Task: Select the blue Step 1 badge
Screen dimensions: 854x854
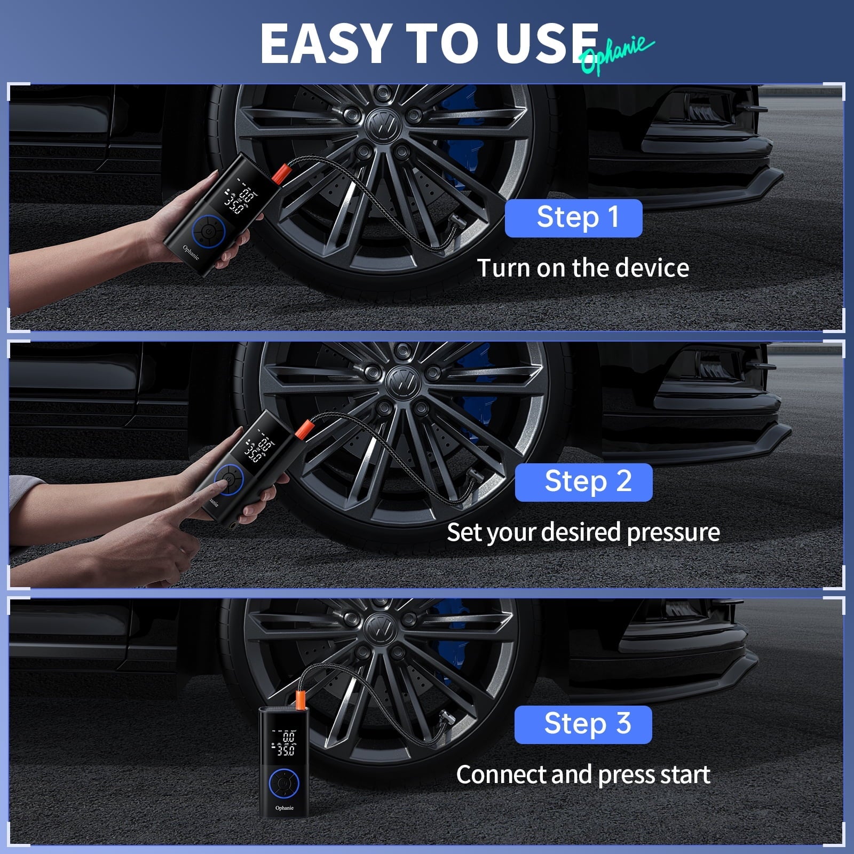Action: point(573,218)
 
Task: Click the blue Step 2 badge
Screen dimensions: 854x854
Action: point(583,482)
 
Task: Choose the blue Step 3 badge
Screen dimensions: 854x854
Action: point(583,724)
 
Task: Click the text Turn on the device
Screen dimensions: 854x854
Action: point(583,268)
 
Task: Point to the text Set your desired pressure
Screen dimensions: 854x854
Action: point(583,532)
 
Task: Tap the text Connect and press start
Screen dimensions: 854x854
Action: point(583,774)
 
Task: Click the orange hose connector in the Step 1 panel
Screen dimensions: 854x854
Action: point(281,172)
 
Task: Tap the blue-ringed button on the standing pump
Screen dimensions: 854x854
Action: point(284,784)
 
